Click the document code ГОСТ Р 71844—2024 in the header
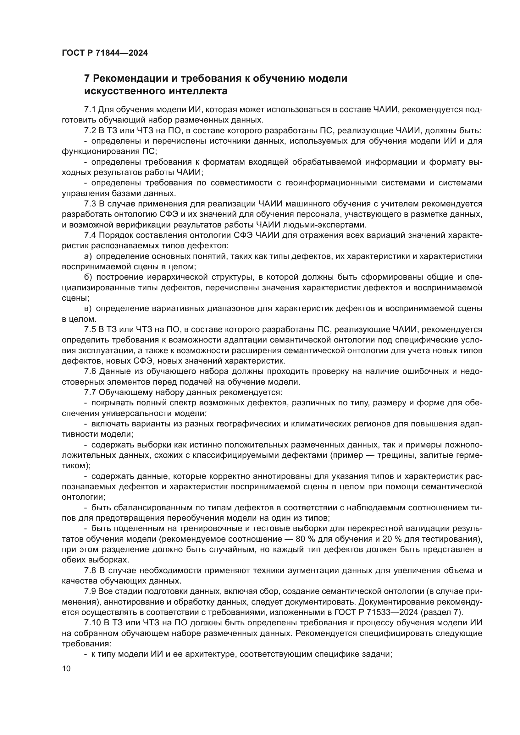point(105,53)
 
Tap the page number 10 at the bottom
point(66,669)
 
